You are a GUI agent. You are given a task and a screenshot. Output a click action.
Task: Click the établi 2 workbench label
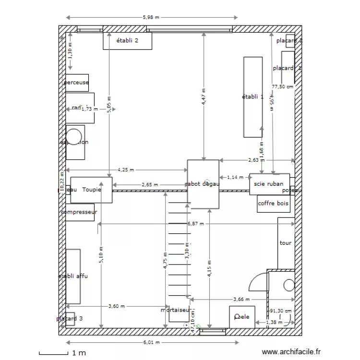[127, 41]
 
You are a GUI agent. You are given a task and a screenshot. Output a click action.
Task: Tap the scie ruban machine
[269, 184]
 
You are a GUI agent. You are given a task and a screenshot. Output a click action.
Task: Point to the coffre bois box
[274, 204]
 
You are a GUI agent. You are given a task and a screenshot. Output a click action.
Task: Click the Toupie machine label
[91, 190]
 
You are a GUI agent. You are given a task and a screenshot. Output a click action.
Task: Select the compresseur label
[80, 212]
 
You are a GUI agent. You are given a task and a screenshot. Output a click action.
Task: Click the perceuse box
[77, 83]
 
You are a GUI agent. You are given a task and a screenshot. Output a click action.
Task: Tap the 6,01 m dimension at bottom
[152, 343]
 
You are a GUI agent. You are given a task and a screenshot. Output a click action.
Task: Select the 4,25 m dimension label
[126, 169]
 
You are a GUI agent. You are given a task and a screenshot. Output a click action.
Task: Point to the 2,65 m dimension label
[149, 185]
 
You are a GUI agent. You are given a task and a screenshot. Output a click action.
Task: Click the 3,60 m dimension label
[117, 306]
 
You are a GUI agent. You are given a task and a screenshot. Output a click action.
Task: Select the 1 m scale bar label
[80, 354]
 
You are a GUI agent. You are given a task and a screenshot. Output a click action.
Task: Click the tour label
[286, 243]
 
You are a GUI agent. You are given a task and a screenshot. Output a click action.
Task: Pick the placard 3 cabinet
[70, 319]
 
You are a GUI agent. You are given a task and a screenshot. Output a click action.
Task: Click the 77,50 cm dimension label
[282, 87]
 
